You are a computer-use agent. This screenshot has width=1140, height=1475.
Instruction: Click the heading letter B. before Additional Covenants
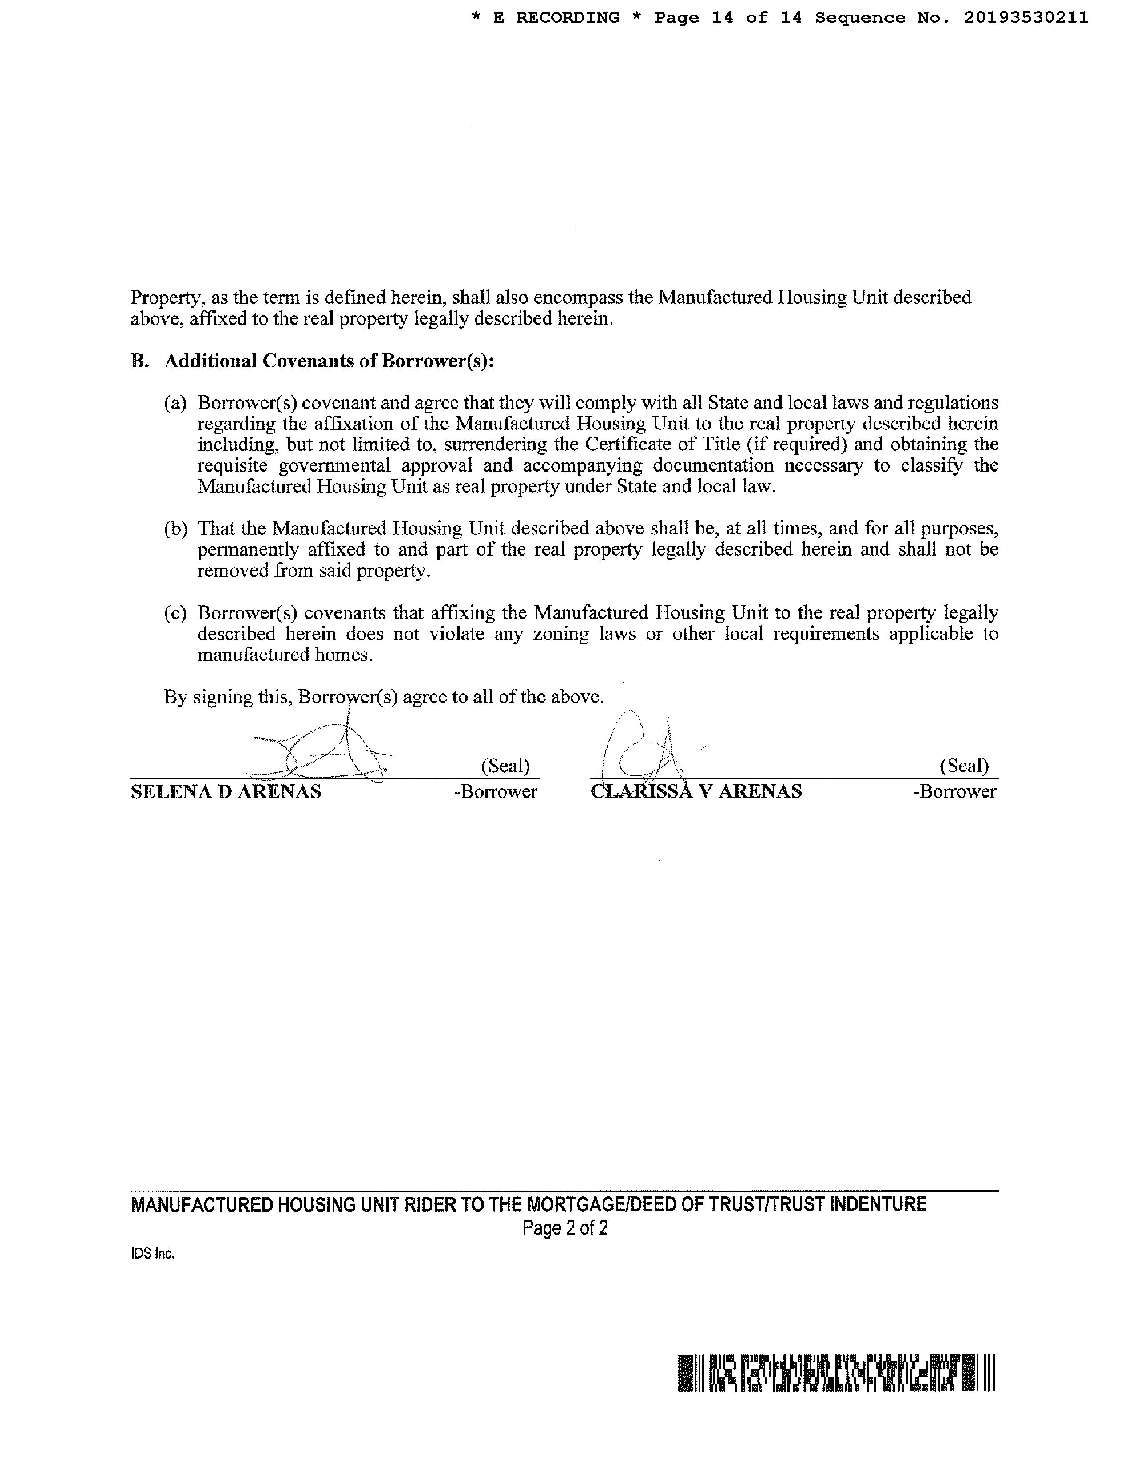tap(139, 361)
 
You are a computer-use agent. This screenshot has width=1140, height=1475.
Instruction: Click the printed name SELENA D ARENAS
tap(226, 791)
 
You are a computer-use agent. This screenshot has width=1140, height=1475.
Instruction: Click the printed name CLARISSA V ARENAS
tap(696, 791)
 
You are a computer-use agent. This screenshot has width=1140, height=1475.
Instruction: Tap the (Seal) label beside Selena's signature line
tap(505, 766)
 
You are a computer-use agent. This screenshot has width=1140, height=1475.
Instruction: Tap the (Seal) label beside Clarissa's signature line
tap(964, 766)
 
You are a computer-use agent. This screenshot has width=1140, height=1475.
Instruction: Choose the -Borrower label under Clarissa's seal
tap(954, 791)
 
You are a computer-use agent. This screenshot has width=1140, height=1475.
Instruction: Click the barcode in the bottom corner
tap(836, 1373)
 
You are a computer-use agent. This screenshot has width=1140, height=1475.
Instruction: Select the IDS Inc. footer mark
tap(153, 1254)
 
